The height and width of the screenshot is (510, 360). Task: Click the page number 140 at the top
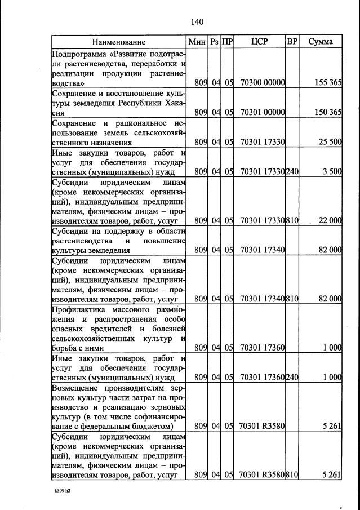(x=197, y=22)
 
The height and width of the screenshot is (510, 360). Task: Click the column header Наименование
(x=119, y=42)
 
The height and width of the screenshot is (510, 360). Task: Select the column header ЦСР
(x=260, y=42)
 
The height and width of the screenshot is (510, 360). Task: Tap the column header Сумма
(x=321, y=42)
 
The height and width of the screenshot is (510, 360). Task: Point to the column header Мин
(x=198, y=42)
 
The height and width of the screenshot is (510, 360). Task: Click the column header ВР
(x=292, y=42)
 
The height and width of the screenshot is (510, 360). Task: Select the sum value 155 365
(x=327, y=82)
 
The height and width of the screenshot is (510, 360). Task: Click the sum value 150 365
(x=327, y=112)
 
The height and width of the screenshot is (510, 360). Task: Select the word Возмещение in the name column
(x=75, y=388)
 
